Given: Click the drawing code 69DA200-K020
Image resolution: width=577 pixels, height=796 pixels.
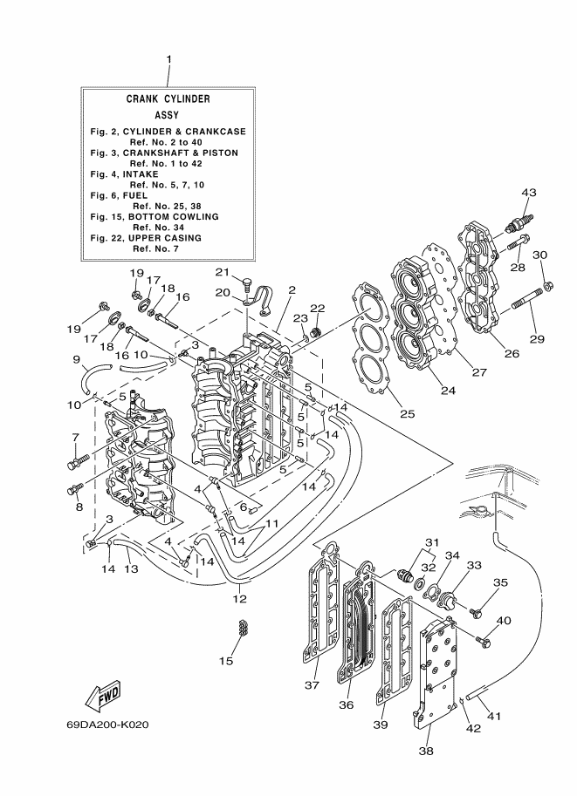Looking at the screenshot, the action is [x=107, y=725].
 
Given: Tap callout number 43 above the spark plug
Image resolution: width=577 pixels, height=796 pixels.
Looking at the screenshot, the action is [x=529, y=193].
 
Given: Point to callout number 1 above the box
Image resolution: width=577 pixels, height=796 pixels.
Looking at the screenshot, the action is [x=168, y=59].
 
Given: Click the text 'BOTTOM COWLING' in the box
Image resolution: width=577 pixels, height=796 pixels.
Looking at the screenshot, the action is [x=174, y=217].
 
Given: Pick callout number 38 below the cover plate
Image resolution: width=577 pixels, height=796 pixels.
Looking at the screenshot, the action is [x=426, y=751].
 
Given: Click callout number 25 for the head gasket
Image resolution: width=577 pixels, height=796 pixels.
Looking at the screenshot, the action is [x=407, y=414].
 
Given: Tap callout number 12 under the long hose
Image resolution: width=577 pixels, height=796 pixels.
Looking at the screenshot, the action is [x=239, y=599].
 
